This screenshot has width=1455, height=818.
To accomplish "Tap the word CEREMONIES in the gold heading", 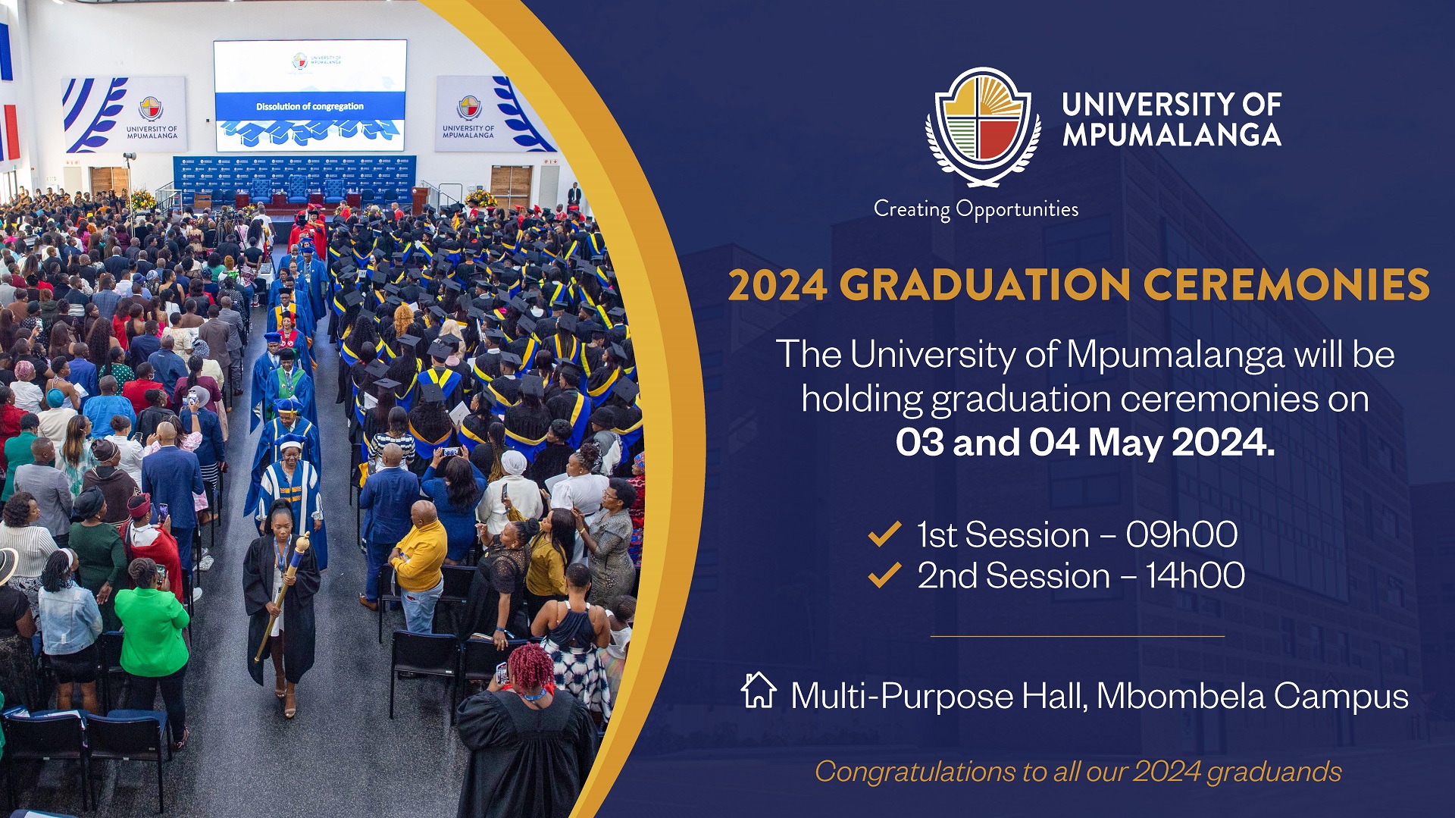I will click(x=1286, y=286).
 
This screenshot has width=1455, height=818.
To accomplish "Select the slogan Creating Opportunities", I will click(x=975, y=209).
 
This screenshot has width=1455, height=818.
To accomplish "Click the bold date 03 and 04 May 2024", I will click(x=1084, y=443).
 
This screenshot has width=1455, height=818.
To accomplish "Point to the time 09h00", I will click(x=1181, y=535).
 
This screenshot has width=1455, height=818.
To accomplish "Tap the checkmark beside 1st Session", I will click(x=884, y=534).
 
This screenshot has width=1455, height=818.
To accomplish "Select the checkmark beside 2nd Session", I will click(x=884, y=575).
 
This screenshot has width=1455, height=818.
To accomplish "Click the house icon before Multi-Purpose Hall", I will click(x=759, y=691).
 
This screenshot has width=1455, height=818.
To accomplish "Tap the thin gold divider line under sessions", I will click(x=1077, y=636).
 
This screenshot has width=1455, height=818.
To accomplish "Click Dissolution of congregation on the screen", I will click(x=309, y=106).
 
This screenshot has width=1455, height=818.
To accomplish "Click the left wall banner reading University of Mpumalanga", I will click(x=125, y=114).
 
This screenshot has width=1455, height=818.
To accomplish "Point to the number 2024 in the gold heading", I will click(x=777, y=286).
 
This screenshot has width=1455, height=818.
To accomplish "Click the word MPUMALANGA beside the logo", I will click(x=1171, y=135).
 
